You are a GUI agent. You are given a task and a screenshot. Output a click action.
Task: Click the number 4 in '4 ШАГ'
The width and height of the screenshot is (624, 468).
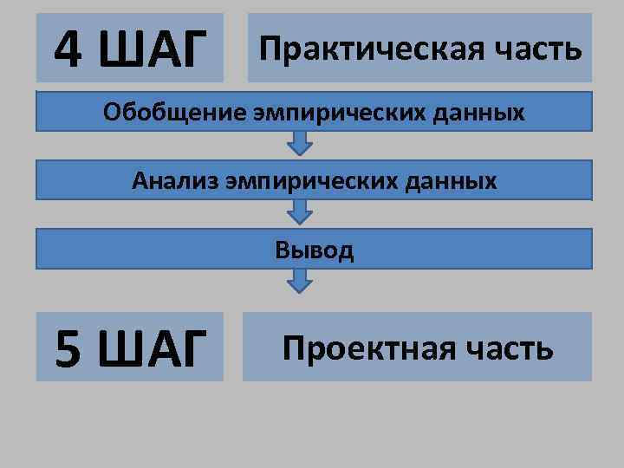(70, 49)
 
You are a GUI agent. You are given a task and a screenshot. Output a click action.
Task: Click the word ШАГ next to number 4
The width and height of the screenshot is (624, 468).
(154, 49)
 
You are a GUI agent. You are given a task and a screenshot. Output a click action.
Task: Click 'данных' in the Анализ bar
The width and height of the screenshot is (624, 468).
(457, 181)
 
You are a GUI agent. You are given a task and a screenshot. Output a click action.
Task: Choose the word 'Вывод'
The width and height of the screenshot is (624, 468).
(315, 250)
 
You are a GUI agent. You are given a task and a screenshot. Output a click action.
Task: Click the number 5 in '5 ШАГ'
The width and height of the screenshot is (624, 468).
(70, 348)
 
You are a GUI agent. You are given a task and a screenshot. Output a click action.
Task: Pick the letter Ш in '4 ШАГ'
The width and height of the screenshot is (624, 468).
(122, 49)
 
